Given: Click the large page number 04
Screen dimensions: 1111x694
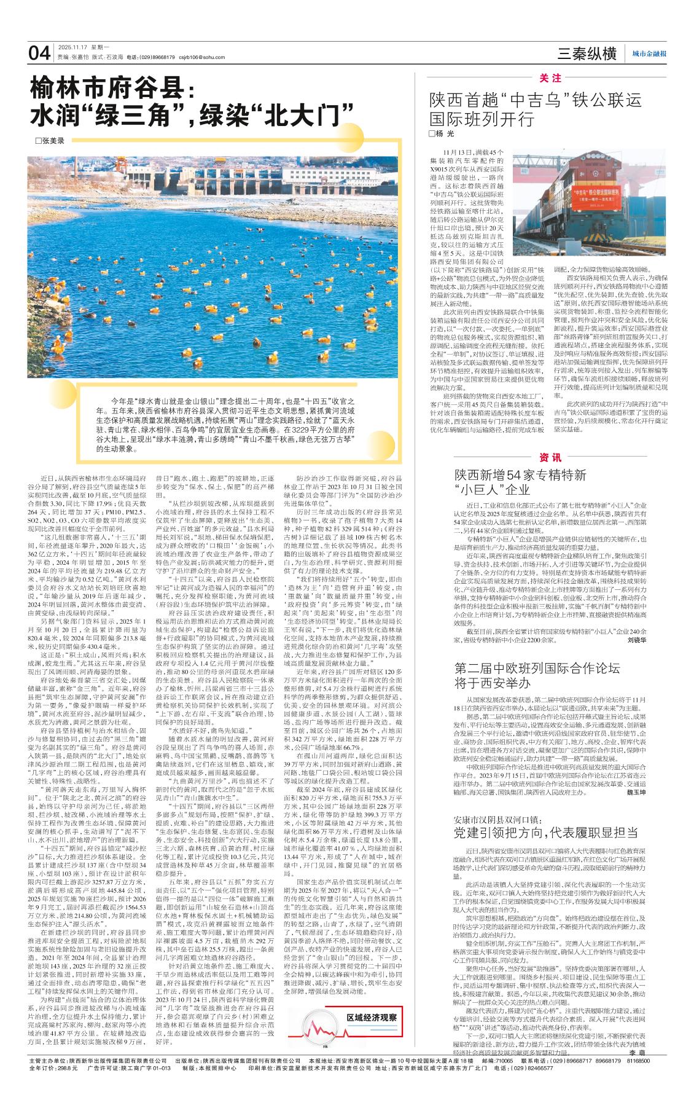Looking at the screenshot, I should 39,53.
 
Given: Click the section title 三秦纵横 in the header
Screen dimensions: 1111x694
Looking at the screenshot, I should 587,54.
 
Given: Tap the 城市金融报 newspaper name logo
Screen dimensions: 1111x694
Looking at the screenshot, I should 650,55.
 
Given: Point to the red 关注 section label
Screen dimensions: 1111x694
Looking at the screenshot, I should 550,78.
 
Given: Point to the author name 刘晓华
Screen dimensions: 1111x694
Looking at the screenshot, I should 636,640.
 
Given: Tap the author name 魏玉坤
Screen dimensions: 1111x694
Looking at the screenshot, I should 636,793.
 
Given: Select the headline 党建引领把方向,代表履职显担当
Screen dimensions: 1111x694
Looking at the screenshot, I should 544,833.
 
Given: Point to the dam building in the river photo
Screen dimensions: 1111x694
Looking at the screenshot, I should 307,175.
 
